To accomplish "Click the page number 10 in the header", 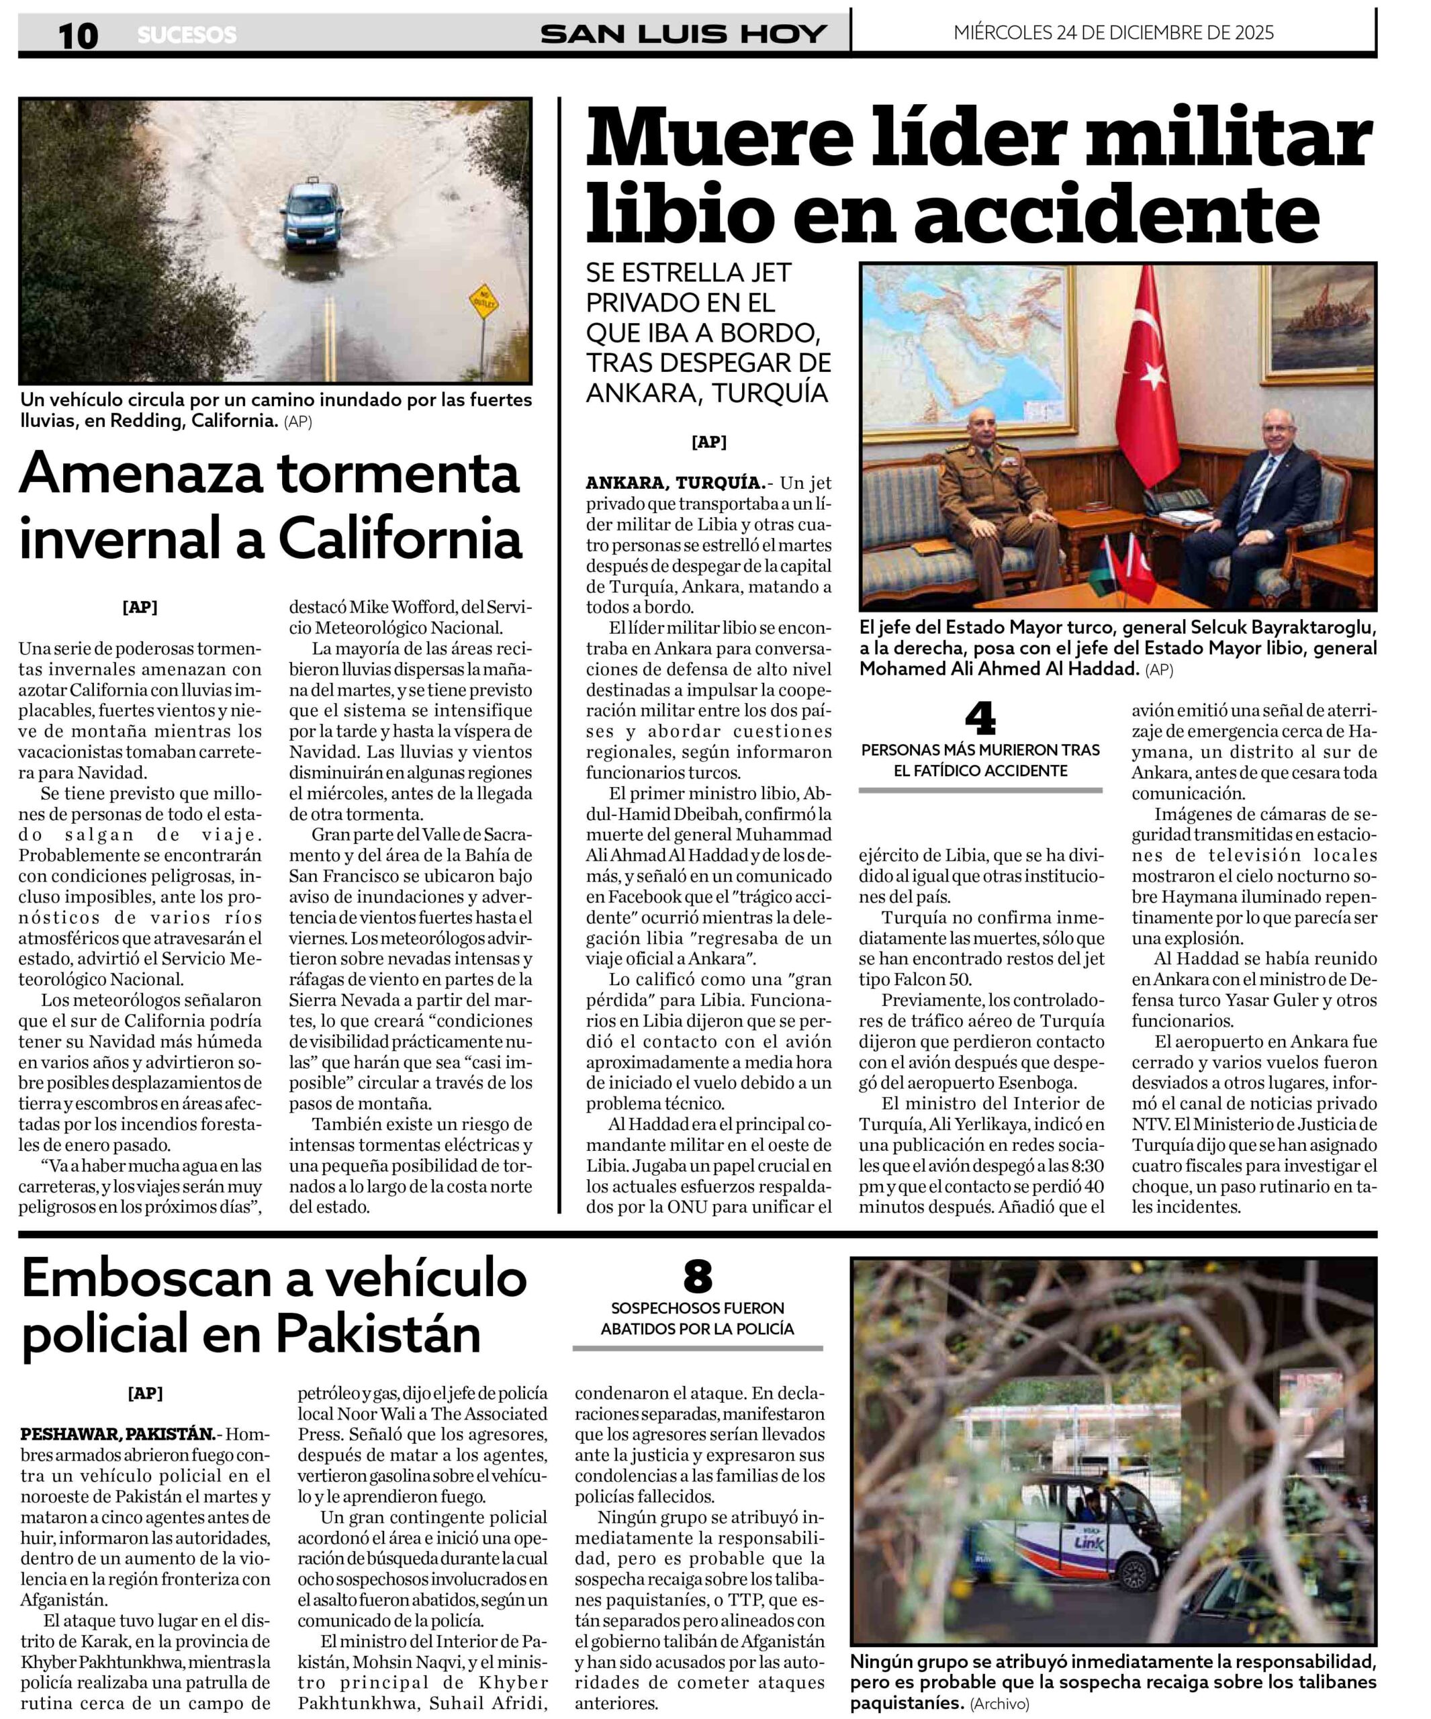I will coord(78,35).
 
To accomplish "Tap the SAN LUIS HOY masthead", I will coord(683,34).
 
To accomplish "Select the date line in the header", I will coord(1113,33).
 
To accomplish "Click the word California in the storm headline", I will coord(400,539).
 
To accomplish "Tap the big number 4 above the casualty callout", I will coord(980,718).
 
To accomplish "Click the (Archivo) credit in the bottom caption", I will coord(1000,1704).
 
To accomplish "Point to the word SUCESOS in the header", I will coord(187,35).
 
